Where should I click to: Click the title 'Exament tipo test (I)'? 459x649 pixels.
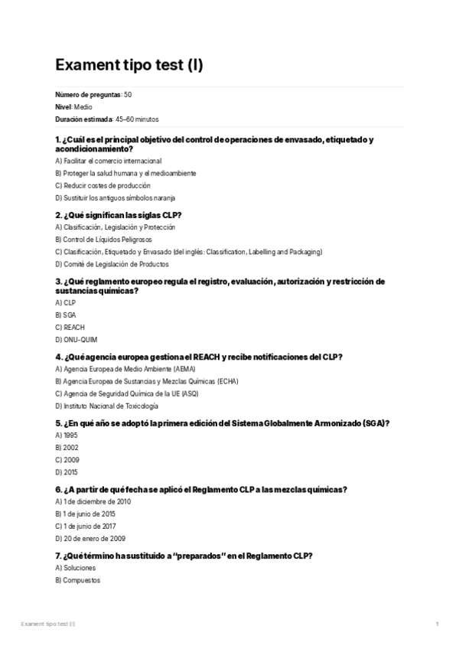pos(129,65)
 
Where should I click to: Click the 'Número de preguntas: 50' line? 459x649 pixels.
pos(98,94)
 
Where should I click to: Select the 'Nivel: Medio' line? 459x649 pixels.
pos(74,107)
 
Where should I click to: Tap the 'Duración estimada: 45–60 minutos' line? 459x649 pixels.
pos(107,119)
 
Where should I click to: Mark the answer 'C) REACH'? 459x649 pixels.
pos(70,327)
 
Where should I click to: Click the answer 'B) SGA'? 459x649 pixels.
pos(66,315)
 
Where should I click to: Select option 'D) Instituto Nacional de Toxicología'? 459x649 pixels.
pos(107,405)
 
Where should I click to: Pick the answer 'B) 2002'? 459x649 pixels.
pos(67,448)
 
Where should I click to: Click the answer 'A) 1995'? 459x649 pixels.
pos(67,435)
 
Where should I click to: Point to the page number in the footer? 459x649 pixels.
pos(437,625)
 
